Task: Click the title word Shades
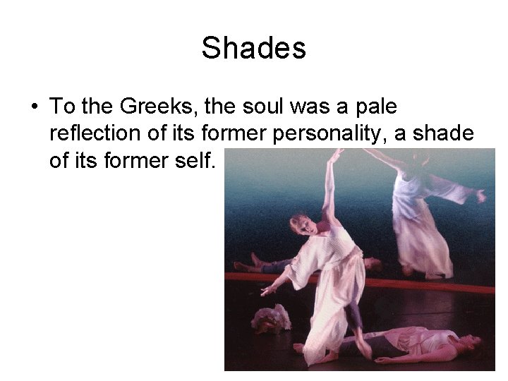[x=253, y=48]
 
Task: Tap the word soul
[x=267, y=107]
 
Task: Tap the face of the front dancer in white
[x=299, y=225]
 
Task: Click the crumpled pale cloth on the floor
[x=271, y=319]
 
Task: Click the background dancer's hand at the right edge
[x=481, y=195]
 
